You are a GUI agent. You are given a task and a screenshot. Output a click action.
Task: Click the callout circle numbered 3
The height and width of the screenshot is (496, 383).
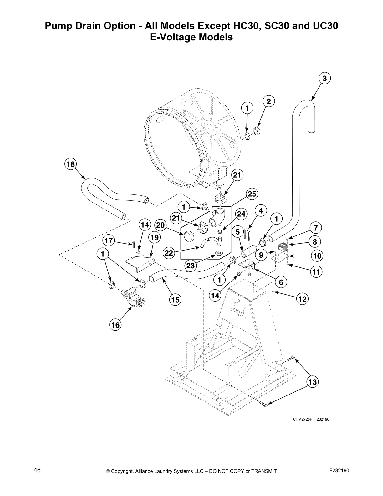point(325,78)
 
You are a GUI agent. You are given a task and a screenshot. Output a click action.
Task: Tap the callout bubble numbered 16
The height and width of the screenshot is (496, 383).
point(115,325)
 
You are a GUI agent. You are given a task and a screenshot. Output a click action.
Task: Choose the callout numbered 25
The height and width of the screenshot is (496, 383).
point(252,194)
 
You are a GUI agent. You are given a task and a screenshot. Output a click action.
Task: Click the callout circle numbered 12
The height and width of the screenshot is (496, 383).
point(302,299)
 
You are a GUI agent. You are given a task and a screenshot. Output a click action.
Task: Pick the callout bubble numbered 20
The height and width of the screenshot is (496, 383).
point(160,225)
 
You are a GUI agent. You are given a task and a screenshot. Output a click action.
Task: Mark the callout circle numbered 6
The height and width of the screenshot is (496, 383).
point(281,282)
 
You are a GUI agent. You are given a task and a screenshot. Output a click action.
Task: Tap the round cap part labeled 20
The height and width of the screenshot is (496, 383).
point(188,236)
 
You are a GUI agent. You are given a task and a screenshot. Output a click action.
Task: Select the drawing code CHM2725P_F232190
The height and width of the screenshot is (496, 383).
point(311,419)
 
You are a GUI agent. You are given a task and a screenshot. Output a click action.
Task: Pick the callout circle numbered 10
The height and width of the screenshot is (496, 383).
point(317,256)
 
